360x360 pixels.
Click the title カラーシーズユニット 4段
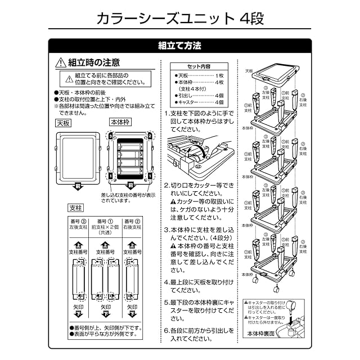point(179,18)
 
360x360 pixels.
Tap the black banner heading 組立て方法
point(180,45)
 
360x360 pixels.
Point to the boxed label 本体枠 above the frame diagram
point(120,121)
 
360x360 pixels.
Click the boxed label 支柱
point(75,208)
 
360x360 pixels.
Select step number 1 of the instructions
point(167,113)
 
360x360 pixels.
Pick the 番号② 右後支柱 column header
point(133,224)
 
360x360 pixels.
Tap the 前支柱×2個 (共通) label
point(105,229)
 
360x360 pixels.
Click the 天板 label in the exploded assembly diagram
point(250,71)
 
